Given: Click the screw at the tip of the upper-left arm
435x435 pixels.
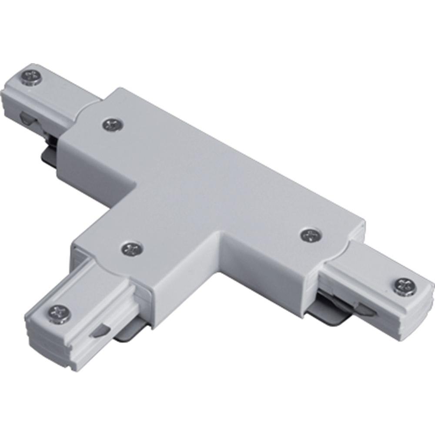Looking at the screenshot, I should pos(31,78).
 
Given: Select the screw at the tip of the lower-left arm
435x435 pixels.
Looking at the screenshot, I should pos(57,311).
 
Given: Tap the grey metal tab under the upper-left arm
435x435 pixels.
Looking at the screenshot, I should pos(49,153).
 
